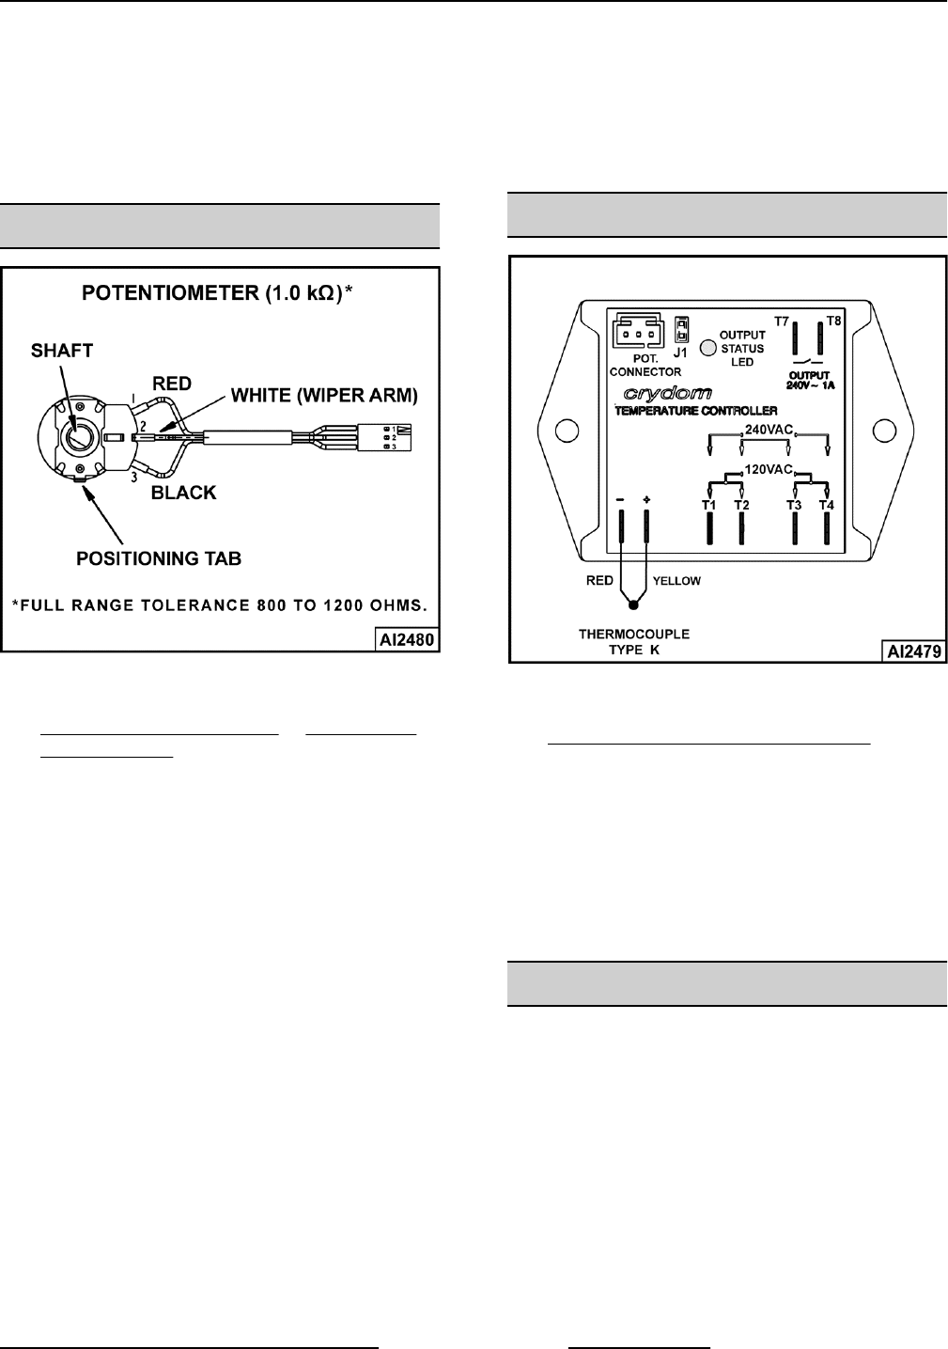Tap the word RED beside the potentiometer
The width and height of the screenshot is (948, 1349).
pyautogui.click(x=172, y=383)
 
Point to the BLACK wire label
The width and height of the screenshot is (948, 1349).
pyautogui.click(x=184, y=493)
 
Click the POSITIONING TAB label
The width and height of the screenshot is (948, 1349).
pyautogui.click(x=159, y=558)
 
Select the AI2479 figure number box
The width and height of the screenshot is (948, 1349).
pyautogui.click(x=913, y=650)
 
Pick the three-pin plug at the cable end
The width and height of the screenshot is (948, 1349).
pyautogui.click(x=390, y=438)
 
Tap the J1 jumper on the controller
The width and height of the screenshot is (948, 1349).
pyautogui.click(x=677, y=331)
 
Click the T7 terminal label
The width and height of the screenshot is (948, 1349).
pyautogui.click(x=782, y=321)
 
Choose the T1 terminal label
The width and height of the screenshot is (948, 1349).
pyautogui.click(x=709, y=505)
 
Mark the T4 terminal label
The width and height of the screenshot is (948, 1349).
pyautogui.click(x=826, y=505)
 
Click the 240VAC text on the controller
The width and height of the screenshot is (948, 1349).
pyautogui.click(x=768, y=430)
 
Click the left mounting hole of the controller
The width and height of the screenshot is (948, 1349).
pyautogui.click(x=564, y=431)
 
